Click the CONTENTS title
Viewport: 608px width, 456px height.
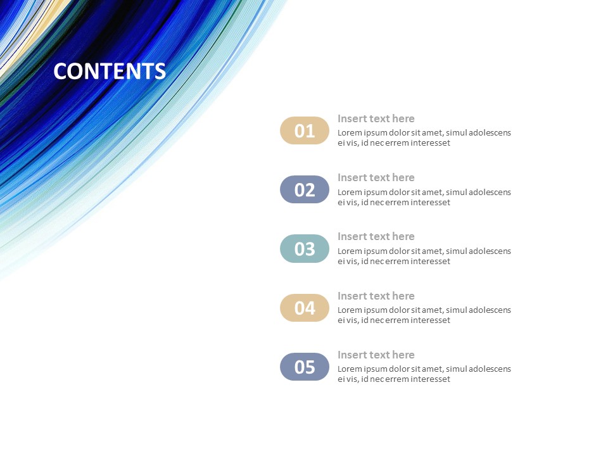[x=110, y=71]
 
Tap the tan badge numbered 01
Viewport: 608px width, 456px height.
[x=305, y=130]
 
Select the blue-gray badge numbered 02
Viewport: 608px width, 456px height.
[x=305, y=189]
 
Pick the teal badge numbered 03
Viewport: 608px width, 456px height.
[x=305, y=248]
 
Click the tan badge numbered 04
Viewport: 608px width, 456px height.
[x=305, y=308]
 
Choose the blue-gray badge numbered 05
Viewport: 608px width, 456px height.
[x=305, y=367]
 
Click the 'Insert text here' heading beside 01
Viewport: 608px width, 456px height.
[x=376, y=118]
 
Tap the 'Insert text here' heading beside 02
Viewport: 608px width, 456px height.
[x=376, y=177]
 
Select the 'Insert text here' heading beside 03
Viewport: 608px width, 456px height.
[x=376, y=236]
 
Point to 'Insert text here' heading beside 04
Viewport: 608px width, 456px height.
[x=376, y=296]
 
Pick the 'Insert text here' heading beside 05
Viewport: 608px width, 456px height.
[x=376, y=355]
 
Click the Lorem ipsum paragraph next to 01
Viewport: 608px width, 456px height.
[x=424, y=137]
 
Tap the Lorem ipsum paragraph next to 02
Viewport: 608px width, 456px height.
[x=424, y=197]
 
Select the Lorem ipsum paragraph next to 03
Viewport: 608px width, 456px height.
[x=424, y=256]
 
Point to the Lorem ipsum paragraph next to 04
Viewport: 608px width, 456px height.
[x=424, y=315]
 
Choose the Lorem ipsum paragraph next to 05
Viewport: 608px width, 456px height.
[x=424, y=374]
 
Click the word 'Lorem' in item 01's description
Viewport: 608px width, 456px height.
[x=350, y=133]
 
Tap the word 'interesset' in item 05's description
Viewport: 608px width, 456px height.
[x=431, y=379]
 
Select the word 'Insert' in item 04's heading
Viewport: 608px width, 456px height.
[x=352, y=296]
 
